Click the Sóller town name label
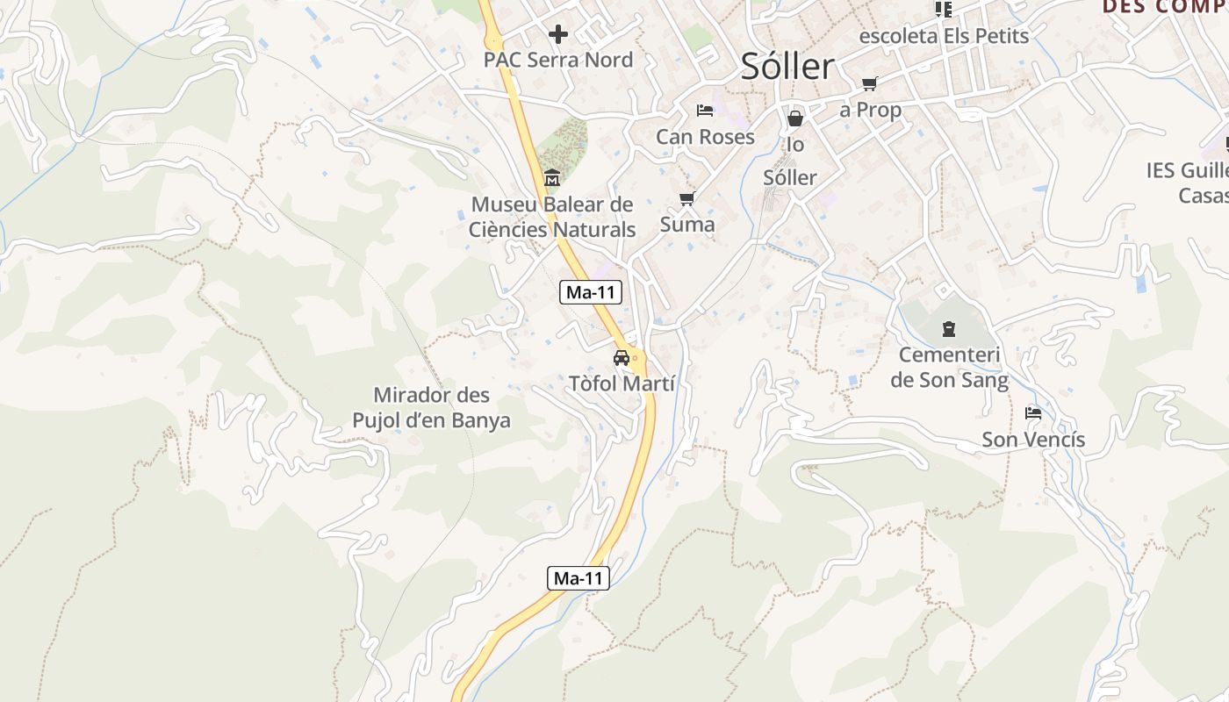(787, 67)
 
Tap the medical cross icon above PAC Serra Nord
(557, 34)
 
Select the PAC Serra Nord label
(557, 61)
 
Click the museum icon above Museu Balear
(552, 179)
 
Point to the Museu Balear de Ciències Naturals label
(552, 217)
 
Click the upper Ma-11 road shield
(591, 293)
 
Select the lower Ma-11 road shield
(579, 578)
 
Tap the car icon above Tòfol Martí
(622, 358)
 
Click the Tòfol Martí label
(622, 384)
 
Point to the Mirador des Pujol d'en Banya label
(431, 408)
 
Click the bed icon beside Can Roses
(704, 111)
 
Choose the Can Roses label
(705, 137)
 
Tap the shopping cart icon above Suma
(687, 199)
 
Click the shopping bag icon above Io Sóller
(795, 118)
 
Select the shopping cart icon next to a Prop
(869, 84)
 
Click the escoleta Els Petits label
(944, 36)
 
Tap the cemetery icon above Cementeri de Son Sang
(948, 330)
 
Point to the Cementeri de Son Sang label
(949, 368)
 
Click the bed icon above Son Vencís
(1033, 413)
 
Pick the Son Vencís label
(1033, 440)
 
